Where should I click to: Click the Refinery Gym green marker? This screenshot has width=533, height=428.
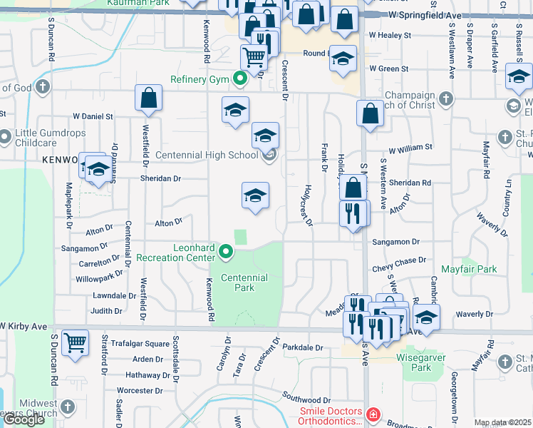click(x=240, y=78)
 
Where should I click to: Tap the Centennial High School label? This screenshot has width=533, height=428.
click(x=206, y=155)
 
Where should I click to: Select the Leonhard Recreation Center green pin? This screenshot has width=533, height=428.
click(x=226, y=251)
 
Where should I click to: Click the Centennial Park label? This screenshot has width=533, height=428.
click(x=244, y=282)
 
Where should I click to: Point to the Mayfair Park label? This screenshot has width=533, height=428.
click(x=468, y=270)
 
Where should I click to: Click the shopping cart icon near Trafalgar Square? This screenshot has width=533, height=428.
click(x=74, y=342)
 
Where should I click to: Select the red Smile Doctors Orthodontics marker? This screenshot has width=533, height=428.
click(x=371, y=414)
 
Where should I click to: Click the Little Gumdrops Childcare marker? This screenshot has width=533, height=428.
click(x=6, y=136)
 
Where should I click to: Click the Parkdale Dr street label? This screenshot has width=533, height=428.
click(x=302, y=348)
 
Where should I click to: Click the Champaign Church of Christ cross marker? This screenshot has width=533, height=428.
click(x=446, y=98)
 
